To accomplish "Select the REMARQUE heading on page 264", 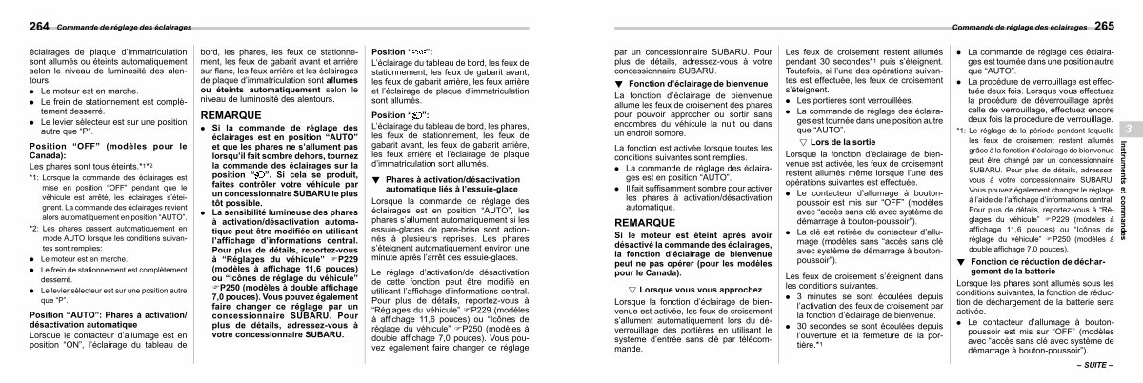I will coord(231,114).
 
